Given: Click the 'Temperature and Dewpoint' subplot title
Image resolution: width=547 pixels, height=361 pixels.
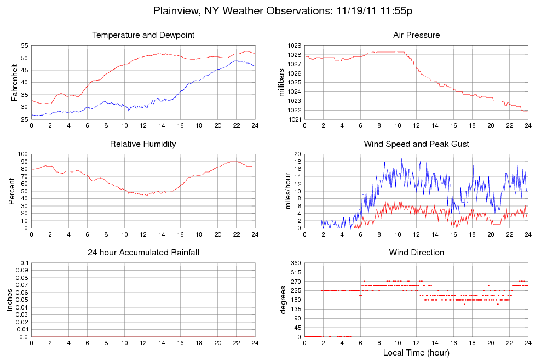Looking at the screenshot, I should tap(143, 35).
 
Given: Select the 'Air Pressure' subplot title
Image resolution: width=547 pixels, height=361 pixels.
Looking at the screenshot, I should tap(416, 35).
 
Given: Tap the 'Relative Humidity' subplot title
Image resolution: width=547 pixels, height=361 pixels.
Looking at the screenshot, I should tap(143, 144).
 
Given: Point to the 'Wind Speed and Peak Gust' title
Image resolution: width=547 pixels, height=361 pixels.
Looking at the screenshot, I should tap(416, 144).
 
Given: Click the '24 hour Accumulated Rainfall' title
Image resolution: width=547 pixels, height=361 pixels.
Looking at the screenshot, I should tap(143, 253).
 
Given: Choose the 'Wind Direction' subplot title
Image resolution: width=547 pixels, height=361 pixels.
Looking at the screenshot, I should tap(416, 253).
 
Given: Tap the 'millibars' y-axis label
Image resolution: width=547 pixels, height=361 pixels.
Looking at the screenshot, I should tap(282, 82).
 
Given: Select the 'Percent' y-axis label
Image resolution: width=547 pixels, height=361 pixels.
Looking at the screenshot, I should tap(12, 191).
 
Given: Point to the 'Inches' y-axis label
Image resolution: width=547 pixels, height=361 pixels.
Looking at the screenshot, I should tap(9, 300).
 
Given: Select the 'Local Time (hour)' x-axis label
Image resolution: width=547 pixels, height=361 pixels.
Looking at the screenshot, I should tap(416, 352).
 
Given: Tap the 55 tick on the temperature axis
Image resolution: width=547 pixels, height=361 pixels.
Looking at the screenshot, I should tap(24, 45).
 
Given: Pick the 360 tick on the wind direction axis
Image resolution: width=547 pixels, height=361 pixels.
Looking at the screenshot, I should tap(295, 263).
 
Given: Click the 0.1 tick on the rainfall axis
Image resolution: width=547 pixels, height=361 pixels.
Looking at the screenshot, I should tap(24, 263).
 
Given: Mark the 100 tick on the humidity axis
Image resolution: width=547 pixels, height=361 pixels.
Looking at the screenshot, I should tap(22, 154).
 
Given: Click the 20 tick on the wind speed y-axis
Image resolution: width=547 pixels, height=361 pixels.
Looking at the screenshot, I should tap(297, 154).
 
